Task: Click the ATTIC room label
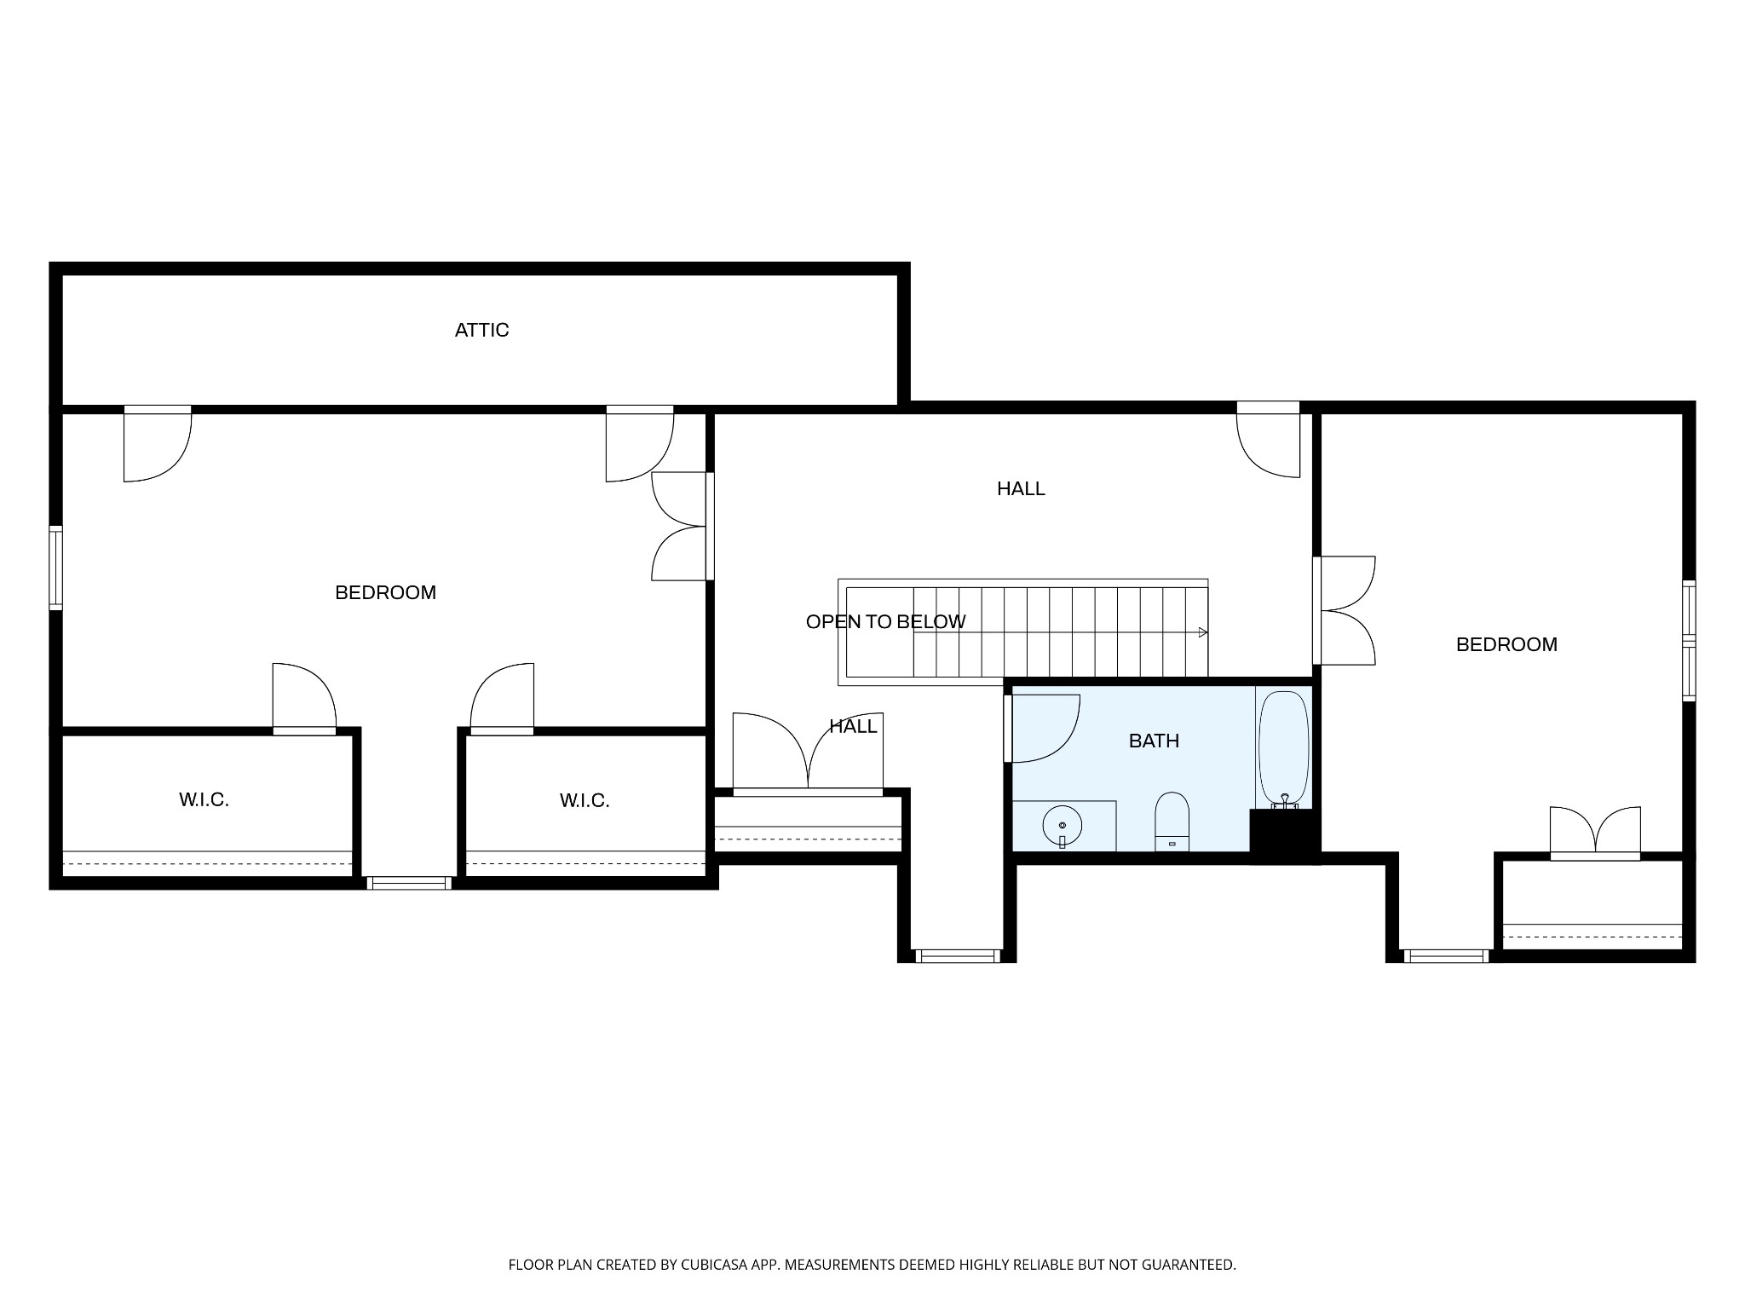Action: [481, 330]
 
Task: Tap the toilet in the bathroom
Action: [1172, 822]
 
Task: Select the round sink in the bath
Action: [1062, 825]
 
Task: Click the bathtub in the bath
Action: [1283, 750]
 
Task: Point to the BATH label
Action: [1154, 741]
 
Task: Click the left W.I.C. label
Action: [204, 799]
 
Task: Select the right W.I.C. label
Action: [585, 800]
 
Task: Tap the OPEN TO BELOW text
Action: [885, 622]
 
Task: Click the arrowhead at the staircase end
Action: [1203, 632]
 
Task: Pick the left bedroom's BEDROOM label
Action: [385, 592]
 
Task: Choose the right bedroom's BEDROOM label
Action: [1506, 644]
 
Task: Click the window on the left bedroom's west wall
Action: [55, 568]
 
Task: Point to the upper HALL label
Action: [1021, 488]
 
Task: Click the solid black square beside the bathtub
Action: [1284, 836]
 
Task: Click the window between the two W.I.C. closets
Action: [409, 884]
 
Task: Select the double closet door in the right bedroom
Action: [1595, 833]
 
